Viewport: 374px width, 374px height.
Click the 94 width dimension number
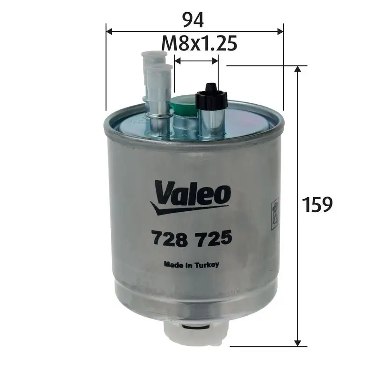pos(194,19)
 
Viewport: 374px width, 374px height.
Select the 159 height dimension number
pos(317,204)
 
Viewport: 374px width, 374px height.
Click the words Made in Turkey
pos(191,264)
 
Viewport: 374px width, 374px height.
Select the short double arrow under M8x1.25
pos(196,60)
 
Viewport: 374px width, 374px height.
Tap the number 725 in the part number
pos(216,239)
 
